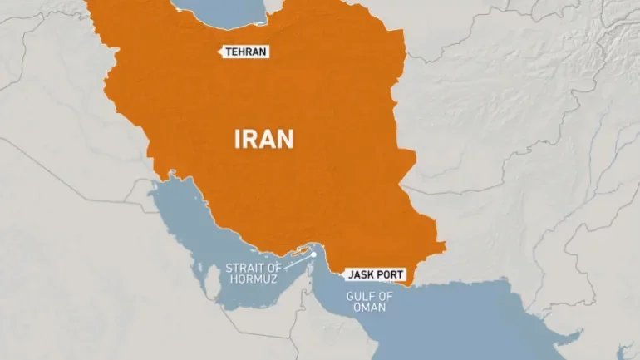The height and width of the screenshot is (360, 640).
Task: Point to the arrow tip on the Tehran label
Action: (220, 52)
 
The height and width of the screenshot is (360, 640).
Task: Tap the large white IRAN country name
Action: (263, 138)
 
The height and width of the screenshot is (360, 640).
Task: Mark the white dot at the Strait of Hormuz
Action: (313, 254)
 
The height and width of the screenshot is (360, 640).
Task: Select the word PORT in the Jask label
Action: (391, 273)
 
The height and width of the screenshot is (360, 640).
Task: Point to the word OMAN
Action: (367, 307)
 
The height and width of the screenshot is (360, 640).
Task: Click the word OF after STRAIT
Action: (273, 268)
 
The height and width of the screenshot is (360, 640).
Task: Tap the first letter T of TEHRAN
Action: (229, 52)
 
